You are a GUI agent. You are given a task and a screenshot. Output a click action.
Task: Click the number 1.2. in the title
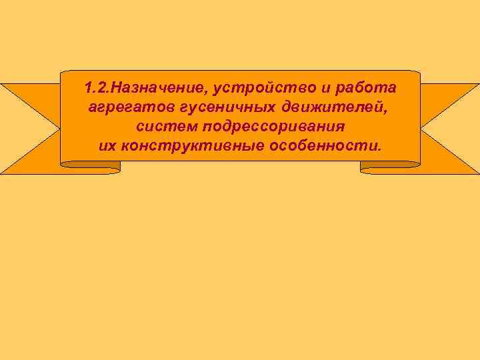click(97, 89)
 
